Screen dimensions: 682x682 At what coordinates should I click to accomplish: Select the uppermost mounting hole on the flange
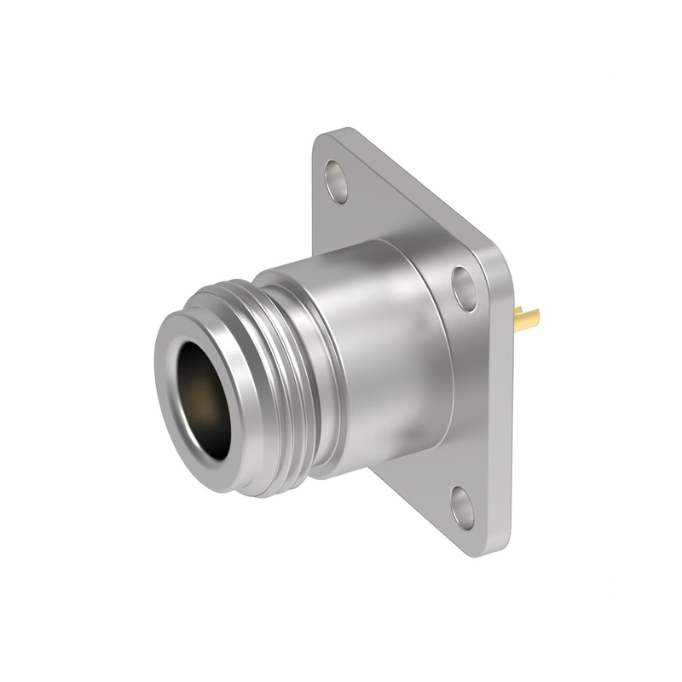[x=338, y=182]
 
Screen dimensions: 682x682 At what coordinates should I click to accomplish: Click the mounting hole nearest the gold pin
[x=465, y=287]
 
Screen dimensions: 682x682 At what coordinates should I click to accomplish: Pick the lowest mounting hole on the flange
[x=463, y=509]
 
